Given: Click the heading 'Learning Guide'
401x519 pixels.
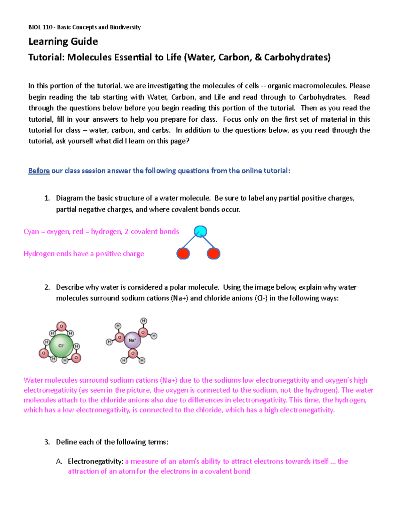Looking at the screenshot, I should [63, 41].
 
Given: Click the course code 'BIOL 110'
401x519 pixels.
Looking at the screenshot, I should [40, 27].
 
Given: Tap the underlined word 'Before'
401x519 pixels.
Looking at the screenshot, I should [39, 171].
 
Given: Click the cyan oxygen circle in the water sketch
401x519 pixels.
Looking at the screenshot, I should [200, 231].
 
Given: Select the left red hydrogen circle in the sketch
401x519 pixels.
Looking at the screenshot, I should [183, 254].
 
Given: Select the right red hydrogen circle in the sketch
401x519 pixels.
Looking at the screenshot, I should [214, 254].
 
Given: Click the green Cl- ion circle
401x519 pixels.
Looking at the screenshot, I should [61, 346].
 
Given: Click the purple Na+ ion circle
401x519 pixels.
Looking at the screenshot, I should [132, 340].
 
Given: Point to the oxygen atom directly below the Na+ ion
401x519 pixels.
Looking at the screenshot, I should [133, 353].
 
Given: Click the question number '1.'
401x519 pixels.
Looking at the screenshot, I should [47, 198].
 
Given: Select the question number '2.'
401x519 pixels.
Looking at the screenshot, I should [47, 287].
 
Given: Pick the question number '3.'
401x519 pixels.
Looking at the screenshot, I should [47, 442].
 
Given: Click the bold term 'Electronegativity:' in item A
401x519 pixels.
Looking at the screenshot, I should [96, 462].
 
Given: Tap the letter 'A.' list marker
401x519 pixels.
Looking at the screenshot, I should [59, 462].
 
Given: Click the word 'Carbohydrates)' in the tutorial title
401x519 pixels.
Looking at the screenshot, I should [297, 57].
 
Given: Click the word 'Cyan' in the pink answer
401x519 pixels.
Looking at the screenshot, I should [31, 232].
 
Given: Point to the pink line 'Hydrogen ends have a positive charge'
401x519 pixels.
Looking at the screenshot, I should [84, 254].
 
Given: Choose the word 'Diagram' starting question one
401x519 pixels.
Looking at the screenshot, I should [69, 198].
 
